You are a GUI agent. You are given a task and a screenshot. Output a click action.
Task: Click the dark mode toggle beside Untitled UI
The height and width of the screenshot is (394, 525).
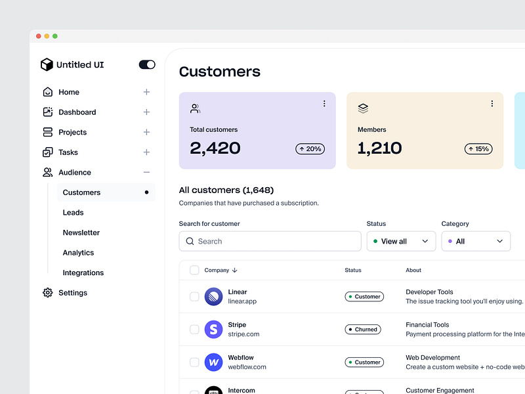click(x=147, y=64)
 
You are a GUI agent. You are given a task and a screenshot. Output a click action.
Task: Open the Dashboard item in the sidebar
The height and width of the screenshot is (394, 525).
click(x=77, y=112)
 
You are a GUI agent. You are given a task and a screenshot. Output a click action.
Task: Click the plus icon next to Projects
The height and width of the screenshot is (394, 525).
click(x=146, y=132)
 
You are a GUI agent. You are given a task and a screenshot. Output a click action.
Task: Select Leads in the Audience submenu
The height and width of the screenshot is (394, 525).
click(x=73, y=213)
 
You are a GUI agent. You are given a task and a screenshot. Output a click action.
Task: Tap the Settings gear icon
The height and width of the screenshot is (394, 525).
click(x=47, y=293)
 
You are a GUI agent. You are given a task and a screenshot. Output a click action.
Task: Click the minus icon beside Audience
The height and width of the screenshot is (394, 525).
click(x=146, y=172)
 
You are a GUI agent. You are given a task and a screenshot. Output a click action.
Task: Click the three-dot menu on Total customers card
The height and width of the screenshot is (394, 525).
click(x=324, y=104)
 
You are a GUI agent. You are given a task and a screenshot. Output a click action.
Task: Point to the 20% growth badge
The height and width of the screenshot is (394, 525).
click(x=310, y=149)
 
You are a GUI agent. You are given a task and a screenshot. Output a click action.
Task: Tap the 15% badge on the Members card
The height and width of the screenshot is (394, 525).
click(x=478, y=149)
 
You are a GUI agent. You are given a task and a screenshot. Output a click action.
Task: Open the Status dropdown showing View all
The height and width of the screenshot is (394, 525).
click(x=401, y=241)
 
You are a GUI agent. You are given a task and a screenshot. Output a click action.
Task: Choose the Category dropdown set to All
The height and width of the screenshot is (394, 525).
click(x=476, y=241)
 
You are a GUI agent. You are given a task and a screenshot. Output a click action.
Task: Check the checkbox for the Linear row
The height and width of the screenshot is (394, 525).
click(x=194, y=297)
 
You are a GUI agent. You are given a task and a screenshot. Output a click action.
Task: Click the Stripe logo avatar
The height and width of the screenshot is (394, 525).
click(x=213, y=329)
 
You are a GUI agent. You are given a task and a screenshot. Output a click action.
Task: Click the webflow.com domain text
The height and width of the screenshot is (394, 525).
click(x=247, y=367)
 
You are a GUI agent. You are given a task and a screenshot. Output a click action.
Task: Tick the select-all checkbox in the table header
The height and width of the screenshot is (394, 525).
click(x=194, y=270)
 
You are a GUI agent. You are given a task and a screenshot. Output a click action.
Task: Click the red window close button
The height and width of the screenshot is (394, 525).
click(x=39, y=36)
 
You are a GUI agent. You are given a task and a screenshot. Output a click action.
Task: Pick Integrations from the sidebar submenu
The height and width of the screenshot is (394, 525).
click(x=83, y=273)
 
